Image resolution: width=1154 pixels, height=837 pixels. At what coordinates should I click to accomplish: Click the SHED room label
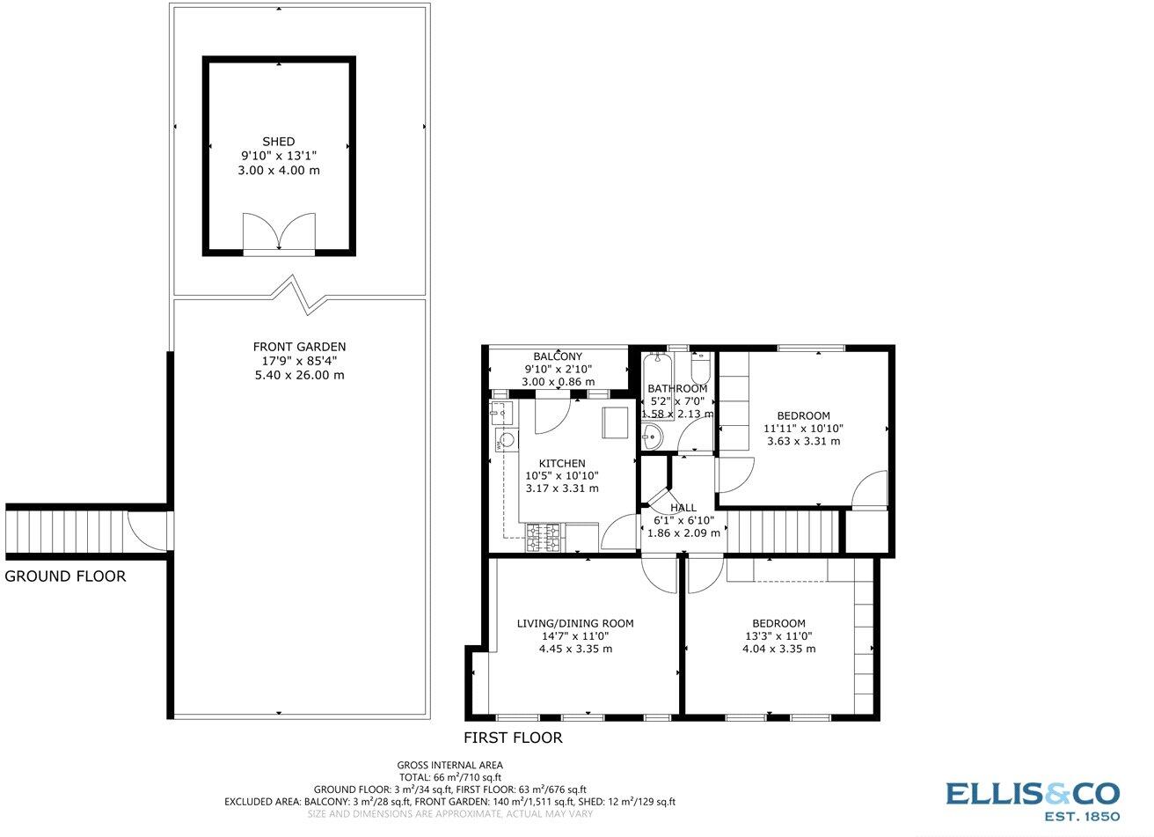(278, 142)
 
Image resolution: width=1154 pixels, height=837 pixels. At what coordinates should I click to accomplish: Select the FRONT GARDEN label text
(299, 347)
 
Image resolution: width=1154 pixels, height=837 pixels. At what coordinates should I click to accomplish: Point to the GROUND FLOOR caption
(65, 576)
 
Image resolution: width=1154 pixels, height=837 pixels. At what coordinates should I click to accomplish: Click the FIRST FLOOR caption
(513, 738)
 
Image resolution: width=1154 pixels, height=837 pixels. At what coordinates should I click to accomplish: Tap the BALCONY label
(559, 356)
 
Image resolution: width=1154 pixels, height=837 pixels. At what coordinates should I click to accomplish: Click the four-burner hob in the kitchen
(544, 538)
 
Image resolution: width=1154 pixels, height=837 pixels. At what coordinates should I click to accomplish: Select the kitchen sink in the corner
(503, 411)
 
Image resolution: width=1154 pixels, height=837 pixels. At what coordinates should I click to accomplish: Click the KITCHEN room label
(562, 464)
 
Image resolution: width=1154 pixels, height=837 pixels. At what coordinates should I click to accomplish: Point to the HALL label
(683, 508)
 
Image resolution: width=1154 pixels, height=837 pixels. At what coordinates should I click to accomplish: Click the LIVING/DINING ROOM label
(574, 623)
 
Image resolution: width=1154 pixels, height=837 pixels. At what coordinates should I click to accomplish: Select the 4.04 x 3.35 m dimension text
(778, 649)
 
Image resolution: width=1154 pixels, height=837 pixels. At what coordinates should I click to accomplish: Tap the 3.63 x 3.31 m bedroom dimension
(803, 441)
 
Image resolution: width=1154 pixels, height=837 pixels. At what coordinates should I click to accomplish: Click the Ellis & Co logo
(1033, 799)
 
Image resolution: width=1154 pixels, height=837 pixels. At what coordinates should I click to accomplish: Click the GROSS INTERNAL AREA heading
(449, 765)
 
